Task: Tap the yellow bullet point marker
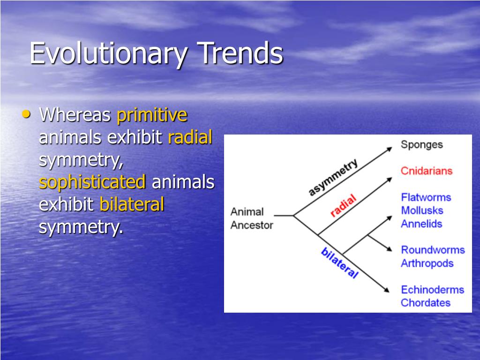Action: click(x=26, y=114)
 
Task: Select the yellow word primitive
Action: click(x=152, y=115)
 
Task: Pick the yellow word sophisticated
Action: click(x=92, y=182)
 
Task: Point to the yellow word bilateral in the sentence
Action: click(x=132, y=204)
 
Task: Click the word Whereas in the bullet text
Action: click(x=75, y=115)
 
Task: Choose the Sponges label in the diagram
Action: click(x=421, y=145)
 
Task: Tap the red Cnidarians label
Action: click(x=427, y=171)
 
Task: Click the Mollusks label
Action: click(x=422, y=210)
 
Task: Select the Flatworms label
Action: click(x=426, y=197)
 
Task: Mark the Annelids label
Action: click(x=421, y=224)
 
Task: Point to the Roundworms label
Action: click(x=433, y=250)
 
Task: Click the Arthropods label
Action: click(x=427, y=263)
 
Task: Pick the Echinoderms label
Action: click(x=433, y=290)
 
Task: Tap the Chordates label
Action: click(x=426, y=303)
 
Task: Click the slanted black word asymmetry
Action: click(x=333, y=177)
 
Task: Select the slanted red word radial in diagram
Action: click(x=344, y=205)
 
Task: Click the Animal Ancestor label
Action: click(x=251, y=218)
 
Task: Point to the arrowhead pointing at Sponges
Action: click(x=390, y=149)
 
